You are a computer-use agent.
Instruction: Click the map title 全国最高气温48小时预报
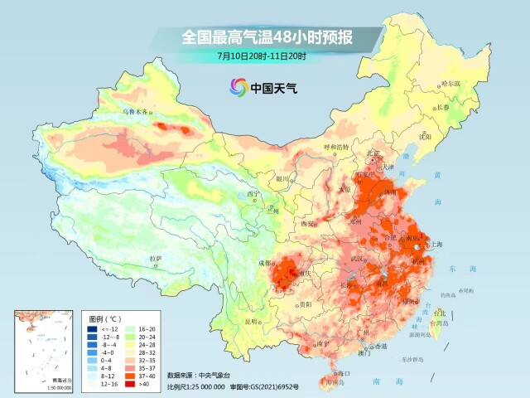pyautogui.click(x=262, y=37)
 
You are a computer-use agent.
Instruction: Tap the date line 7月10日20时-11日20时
pyautogui.click(x=262, y=56)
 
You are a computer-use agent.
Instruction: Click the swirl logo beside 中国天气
pyautogui.click(x=238, y=86)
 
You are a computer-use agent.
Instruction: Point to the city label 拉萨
pyautogui.click(x=155, y=260)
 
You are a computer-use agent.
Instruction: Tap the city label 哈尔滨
pyautogui.click(x=450, y=84)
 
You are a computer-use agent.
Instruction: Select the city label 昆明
pyautogui.click(x=253, y=320)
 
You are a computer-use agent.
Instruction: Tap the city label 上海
pyautogui.click(x=431, y=245)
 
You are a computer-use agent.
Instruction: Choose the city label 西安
pyautogui.click(x=309, y=224)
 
